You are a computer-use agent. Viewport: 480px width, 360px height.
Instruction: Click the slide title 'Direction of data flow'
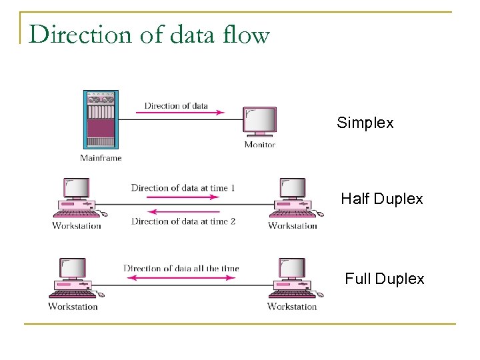[x=149, y=34]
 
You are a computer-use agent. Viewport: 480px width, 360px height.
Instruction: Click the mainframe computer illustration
[x=100, y=119]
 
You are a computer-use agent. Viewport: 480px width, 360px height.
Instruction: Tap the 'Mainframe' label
[x=101, y=158]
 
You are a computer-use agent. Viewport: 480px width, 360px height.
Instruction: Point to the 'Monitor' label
[x=259, y=145]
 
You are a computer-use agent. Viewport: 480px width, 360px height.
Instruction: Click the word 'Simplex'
[x=365, y=123]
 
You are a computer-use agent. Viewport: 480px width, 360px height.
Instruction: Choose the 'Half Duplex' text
[x=381, y=199]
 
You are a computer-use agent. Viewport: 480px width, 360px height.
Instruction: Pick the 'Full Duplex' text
[x=384, y=279]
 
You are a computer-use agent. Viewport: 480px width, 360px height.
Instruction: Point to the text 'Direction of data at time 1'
[x=183, y=188]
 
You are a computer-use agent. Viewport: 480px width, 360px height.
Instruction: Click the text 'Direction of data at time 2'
[x=183, y=221]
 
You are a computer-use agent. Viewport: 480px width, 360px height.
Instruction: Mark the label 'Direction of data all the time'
[x=181, y=269]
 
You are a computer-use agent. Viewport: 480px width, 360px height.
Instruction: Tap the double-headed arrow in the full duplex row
[x=180, y=278]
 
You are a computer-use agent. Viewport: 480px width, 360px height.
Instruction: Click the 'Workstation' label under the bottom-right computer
[x=292, y=307]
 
